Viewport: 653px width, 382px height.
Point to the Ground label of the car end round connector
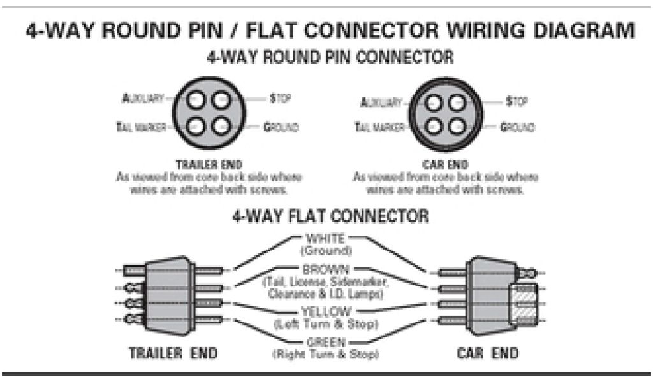[517, 127]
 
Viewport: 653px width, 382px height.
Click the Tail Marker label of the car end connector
[379, 127]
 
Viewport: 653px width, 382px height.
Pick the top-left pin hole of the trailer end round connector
[196, 101]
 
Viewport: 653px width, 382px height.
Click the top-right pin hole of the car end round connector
[455, 102]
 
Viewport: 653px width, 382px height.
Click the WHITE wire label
[325, 239]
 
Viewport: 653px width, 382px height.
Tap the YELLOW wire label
[325, 311]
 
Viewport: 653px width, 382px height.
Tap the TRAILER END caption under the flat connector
[173, 353]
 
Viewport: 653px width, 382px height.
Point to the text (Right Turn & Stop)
[325, 353]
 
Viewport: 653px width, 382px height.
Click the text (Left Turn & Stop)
[325, 323]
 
